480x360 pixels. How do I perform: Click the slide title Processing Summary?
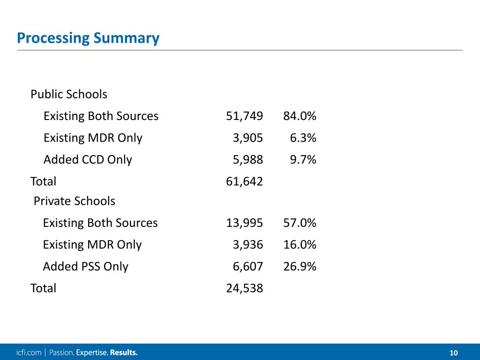tap(88, 38)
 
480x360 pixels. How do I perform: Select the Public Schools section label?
tap(69, 94)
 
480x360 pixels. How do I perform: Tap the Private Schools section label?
tap(75, 201)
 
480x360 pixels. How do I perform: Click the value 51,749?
tap(244, 116)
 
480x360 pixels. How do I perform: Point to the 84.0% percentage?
tap(300, 116)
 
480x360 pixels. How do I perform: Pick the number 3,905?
tap(248, 138)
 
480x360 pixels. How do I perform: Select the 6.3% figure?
tap(303, 138)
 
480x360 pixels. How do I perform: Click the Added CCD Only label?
tap(88, 160)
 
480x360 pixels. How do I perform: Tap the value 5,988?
tap(248, 160)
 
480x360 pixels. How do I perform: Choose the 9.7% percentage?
tap(303, 160)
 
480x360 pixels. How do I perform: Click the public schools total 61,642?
tap(244, 181)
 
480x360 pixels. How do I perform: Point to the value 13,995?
tap(244, 223)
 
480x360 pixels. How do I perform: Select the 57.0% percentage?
tap(300, 223)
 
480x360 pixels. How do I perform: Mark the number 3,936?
tap(248, 245)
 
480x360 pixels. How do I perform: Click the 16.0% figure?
tap(300, 245)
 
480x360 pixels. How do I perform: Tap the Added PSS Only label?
tap(85, 267)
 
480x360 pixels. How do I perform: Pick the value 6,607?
tap(248, 267)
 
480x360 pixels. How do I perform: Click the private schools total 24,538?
tap(244, 288)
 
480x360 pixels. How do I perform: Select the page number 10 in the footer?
tap(453, 353)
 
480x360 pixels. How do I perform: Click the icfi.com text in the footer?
tap(28, 352)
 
